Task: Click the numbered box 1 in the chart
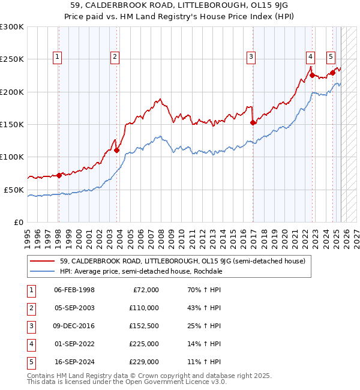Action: coord(58,57)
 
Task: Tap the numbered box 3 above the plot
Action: coord(251,57)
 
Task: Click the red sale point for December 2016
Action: coord(253,122)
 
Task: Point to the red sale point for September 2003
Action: coord(116,150)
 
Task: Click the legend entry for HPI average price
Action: coord(141,271)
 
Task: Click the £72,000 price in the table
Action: coord(145,290)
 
